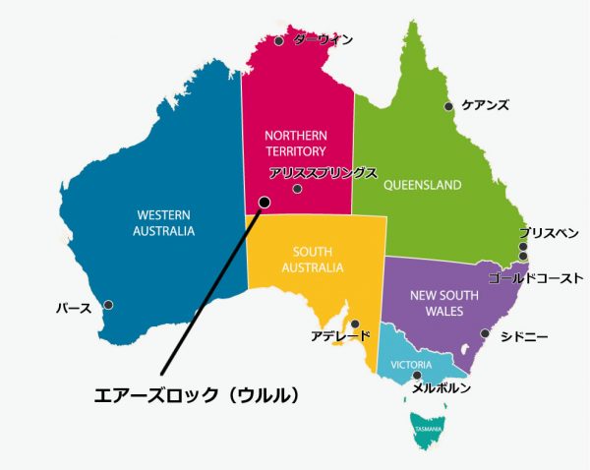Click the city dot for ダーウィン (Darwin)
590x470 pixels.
pyautogui.click(x=279, y=41)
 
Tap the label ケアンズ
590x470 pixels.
pyautogui.click(x=485, y=105)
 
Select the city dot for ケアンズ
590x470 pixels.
pyautogui.click(x=448, y=106)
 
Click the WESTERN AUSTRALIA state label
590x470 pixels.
pyautogui.click(x=164, y=223)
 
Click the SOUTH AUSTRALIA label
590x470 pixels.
pyautogui.click(x=312, y=260)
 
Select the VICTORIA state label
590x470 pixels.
pyautogui.click(x=411, y=365)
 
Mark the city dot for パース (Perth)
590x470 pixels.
pyautogui.click(x=108, y=305)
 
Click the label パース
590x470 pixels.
pyautogui.click(x=74, y=309)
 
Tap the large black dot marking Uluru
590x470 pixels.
pyautogui.click(x=264, y=203)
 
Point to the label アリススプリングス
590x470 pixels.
pyautogui.click(x=324, y=173)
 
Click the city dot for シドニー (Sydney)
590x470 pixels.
pyautogui.click(x=484, y=333)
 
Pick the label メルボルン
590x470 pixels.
pyautogui.click(x=441, y=388)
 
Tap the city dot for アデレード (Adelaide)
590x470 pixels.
pyautogui.click(x=355, y=323)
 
